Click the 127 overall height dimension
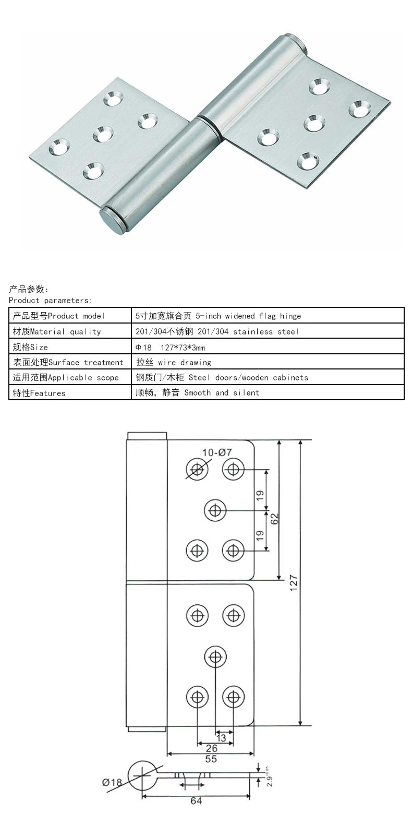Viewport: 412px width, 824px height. click(294, 582)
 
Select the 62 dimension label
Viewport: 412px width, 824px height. click(274, 519)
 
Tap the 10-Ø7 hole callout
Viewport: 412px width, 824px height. click(217, 452)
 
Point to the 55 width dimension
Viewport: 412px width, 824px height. click(211, 759)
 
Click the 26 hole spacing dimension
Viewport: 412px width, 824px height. click(211, 748)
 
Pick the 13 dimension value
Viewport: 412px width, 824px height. click(221, 738)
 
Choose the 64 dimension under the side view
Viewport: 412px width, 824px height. click(196, 801)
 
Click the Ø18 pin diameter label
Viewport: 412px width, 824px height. click(112, 782)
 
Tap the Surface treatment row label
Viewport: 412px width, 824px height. click(68, 362)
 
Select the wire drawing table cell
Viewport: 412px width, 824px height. click(174, 362)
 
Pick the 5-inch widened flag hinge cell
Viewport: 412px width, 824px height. click(218, 316)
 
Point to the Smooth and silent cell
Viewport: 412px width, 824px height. click(197, 392)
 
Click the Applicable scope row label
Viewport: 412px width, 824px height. click(66, 377)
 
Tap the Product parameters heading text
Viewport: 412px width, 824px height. click(50, 300)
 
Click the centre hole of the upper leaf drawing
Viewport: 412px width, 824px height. click(215, 510)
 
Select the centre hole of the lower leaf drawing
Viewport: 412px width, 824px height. click(215, 656)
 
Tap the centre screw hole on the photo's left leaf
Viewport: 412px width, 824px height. click(103, 134)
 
